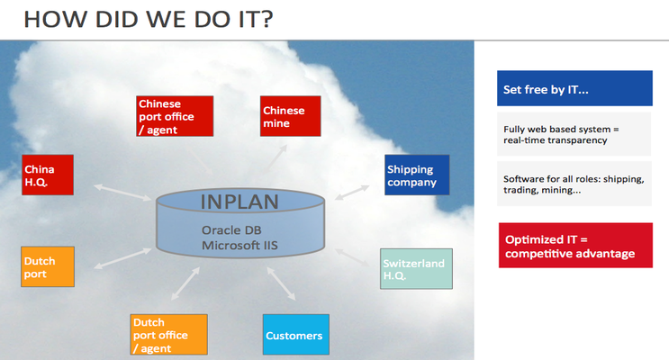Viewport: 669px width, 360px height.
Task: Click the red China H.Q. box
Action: coord(48,175)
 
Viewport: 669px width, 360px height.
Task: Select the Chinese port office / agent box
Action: coord(175,116)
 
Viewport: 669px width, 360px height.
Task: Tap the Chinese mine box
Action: coord(290,116)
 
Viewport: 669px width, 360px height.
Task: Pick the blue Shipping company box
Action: coord(417,175)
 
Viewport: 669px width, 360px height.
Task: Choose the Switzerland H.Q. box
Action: coord(416,269)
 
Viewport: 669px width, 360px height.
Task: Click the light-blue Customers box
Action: coord(295,335)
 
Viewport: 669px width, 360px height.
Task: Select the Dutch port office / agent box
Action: coord(169,335)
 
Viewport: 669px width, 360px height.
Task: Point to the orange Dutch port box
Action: coord(48,266)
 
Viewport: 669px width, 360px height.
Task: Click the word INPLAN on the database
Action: coord(240,202)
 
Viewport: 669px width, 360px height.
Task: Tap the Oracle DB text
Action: coord(231,230)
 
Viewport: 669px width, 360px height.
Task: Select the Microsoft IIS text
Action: coord(240,246)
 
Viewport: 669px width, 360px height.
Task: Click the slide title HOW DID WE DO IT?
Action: coord(148,19)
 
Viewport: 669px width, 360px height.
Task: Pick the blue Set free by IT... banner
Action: coord(574,88)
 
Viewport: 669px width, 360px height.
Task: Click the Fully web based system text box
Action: coord(574,134)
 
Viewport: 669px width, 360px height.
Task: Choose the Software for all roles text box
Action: coord(574,184)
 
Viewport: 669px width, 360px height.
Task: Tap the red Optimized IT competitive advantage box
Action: coord(575,246)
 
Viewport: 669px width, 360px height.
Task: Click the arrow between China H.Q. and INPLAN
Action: coord(122,193)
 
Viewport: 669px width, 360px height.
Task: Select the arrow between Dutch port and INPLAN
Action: coord(122,258)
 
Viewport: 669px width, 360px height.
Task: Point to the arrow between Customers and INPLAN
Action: coord(281,283)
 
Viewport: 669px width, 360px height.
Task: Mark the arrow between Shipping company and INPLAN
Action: coord(352,193)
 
